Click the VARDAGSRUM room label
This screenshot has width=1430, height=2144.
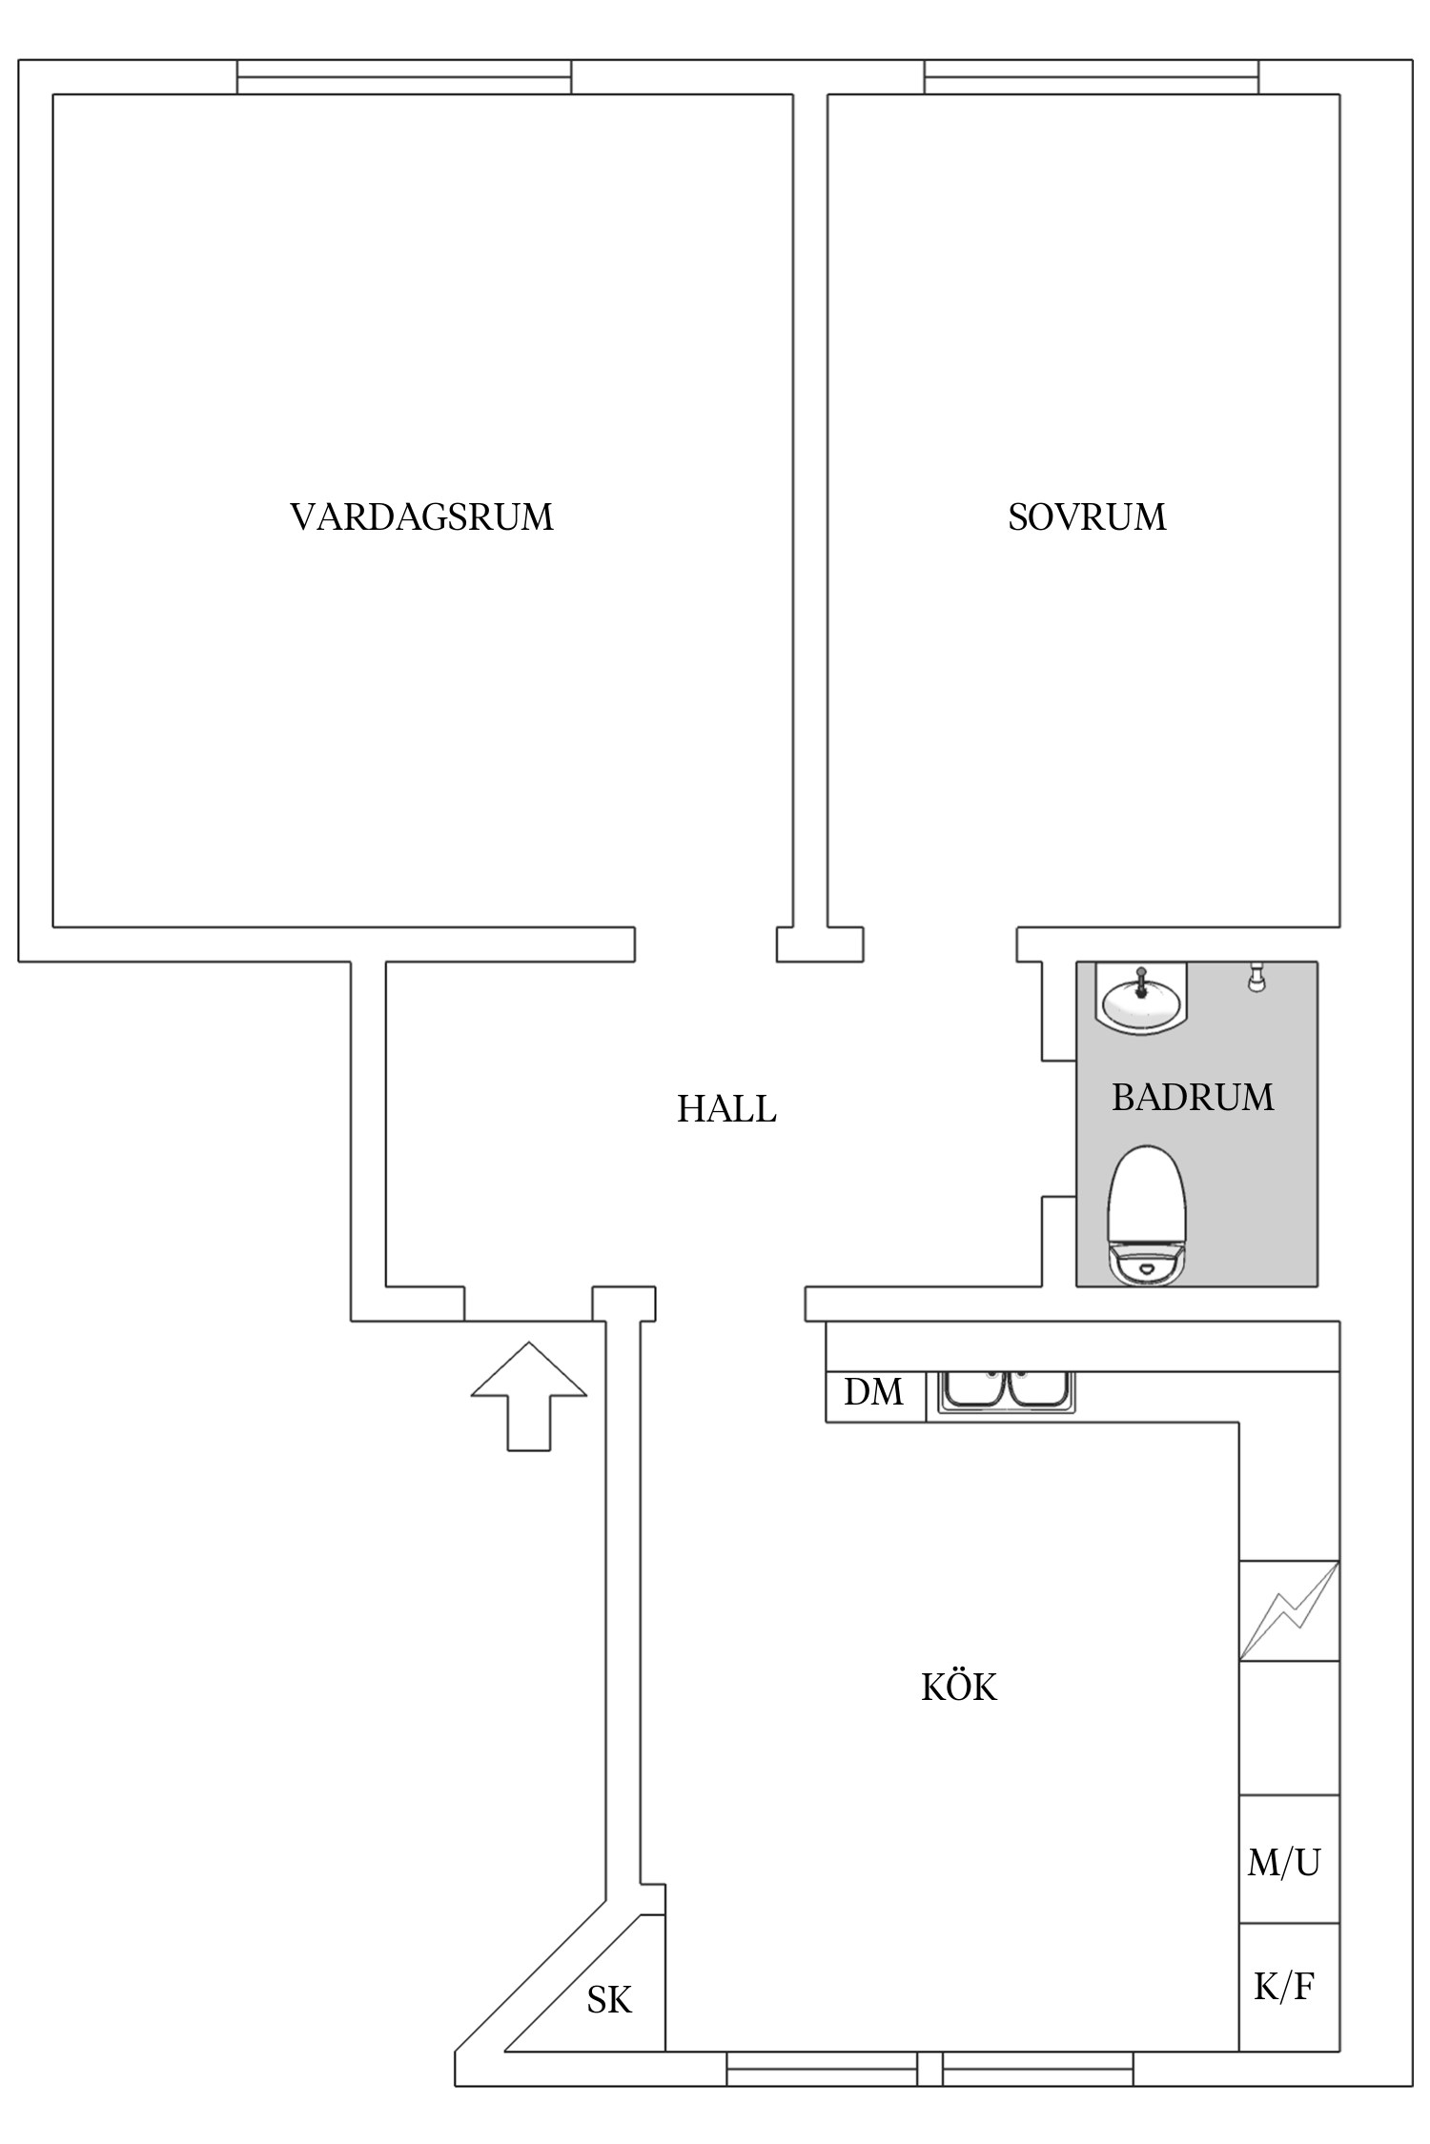click(421, 517)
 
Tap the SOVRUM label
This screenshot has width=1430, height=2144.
click(1087, 517)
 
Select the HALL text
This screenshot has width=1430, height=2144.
click(726, 1109)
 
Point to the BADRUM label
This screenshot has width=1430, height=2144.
click(1193, 1098)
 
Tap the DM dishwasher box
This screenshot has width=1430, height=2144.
click(874, 1393)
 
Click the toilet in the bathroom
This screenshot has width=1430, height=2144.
click(1146, 1217)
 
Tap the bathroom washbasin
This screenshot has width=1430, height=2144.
click(1141, 999)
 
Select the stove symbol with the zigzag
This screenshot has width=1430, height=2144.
click(1289, 1609)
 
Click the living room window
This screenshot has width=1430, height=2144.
click(404, 77)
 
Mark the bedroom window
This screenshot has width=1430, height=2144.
click(1091, 77)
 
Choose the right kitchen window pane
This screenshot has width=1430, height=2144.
click(1037, 2069)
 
